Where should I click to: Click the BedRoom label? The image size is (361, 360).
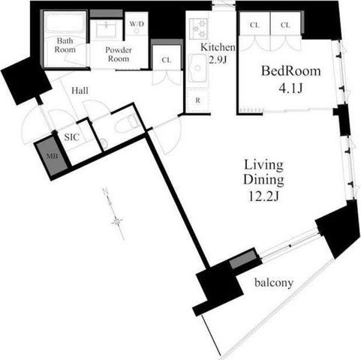pos(291,71)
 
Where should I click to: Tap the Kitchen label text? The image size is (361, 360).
pos(218,47)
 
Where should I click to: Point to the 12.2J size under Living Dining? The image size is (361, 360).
pos(263,196)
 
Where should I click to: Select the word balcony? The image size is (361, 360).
pos(274,283)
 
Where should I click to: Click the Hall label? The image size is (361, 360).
pos(80,91)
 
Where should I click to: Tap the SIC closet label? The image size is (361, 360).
pos(72,137)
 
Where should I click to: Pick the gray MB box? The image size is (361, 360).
pos(53,156)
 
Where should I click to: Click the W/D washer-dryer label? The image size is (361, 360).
pos(137,24)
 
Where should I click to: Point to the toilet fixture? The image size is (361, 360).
pos(127,124)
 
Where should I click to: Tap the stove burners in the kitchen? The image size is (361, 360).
pos(199,28)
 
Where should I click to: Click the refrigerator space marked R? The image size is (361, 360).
pos(198,100)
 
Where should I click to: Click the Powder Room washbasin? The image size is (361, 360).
pos(107,29)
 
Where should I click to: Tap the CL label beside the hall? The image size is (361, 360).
pos(167,60)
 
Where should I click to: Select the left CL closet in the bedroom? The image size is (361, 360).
pos(254,25)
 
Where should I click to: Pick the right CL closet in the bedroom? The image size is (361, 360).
pos(285,25)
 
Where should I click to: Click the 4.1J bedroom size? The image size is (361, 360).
pos(290,88)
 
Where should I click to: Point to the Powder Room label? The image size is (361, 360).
pos(119,54)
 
